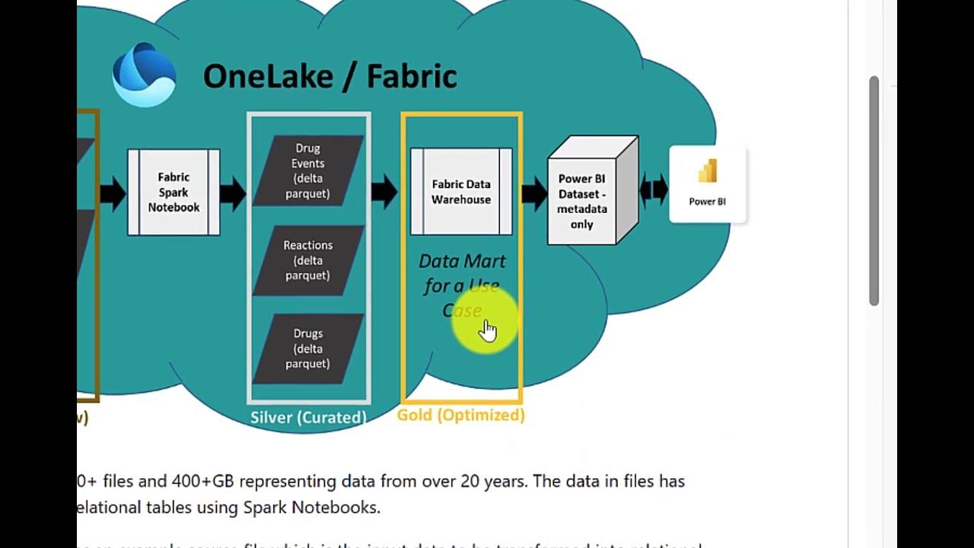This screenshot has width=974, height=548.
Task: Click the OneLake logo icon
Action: [x=145, y=75]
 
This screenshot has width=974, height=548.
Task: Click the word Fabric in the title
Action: [x=412, y=77]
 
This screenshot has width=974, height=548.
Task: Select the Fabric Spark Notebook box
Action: [x=173, y=193]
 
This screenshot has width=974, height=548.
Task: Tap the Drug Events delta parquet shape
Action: [x=308, y=170]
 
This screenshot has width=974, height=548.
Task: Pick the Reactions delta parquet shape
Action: [x=308, y=260]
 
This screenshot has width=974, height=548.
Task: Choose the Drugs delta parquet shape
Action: [x=308, y=349]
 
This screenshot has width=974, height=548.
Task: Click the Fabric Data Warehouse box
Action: [x=461, y=192]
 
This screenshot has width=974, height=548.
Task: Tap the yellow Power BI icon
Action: [x=708, y=172]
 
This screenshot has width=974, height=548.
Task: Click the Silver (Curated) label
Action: [x=308, y=417]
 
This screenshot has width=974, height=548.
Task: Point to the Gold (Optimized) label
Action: [x=461, y=415]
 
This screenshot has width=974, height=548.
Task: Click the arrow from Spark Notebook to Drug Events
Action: [x=233, y=193]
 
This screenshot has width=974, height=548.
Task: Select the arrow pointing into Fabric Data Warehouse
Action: [x=385, y=192]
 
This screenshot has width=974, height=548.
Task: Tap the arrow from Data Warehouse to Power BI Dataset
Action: [x=534, y=193]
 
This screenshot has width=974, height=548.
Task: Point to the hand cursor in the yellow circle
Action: [x=488, y=330]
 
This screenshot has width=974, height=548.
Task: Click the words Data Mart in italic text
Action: [x=462, y=261]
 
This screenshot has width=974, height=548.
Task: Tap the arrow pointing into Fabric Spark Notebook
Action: [x=113, y=193]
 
